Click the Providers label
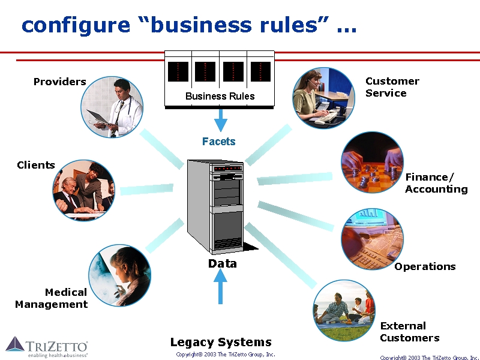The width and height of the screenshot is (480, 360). coord(59,82)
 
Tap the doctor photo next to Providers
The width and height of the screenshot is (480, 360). coord(112,107)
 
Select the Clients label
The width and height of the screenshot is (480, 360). coord(36,165)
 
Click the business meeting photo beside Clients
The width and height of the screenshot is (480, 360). coord(83,190)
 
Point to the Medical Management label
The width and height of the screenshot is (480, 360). coord(52,298)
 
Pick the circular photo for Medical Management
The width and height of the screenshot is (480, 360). coord(119,276)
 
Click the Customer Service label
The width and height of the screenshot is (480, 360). coord(392,87)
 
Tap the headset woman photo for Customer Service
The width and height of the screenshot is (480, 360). coord(323,98)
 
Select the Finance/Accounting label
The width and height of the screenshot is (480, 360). coord(436,183)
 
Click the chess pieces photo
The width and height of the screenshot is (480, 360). coord(372,163)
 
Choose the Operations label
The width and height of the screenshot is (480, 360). coord(425,266)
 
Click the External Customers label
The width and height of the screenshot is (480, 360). coord(409,332)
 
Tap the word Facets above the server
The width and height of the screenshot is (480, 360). coord(218,142)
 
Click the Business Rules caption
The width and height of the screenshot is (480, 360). coord(220,96)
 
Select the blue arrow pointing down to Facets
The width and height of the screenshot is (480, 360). coord(221,119)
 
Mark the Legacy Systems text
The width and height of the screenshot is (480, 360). coord(221,342)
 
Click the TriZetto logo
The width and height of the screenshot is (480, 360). coord(47,347)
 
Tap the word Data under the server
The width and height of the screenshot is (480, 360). coord(222,263)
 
